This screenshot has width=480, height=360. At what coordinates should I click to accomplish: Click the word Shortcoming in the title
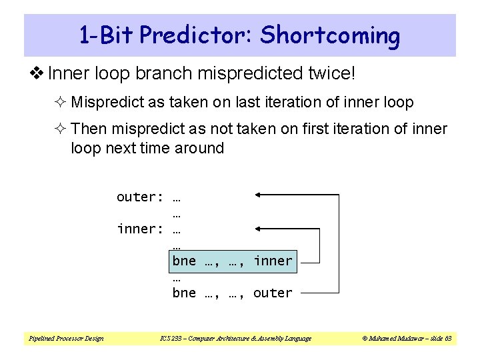tap(330, 35)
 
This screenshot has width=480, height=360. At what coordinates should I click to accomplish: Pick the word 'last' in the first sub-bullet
tap(273, 103)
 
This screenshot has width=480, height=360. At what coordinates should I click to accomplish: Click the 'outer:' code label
tap(140, 197)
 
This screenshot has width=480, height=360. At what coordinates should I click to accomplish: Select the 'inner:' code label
tap(140, 229)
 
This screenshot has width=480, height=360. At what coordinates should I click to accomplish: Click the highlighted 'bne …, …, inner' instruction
tap(232, 261)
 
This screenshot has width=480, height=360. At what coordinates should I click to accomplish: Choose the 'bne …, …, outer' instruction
tap(232, 293)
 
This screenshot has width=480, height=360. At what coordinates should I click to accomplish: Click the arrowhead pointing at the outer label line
tap(259, 195)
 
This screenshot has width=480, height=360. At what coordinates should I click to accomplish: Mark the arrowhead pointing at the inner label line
tap(259, 227)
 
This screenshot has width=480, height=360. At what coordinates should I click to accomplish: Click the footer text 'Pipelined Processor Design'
tap(65, 339)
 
